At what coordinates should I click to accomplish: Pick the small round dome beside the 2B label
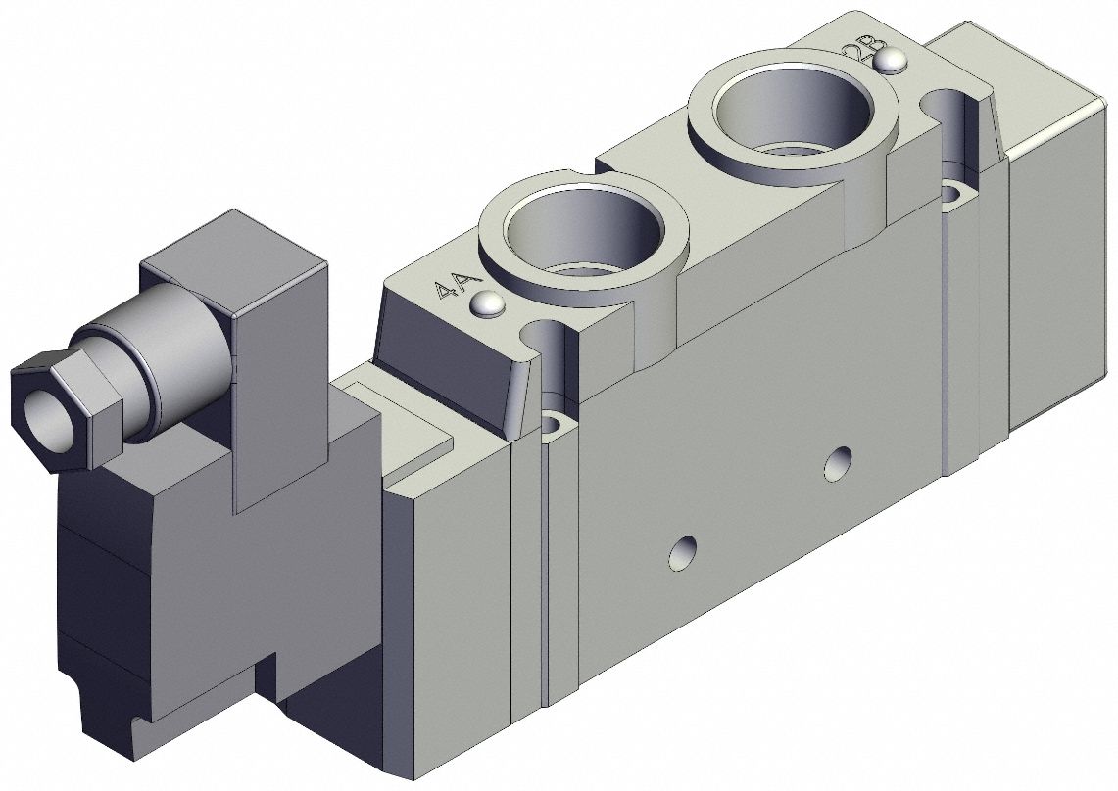890,63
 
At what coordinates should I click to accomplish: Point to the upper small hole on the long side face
836,463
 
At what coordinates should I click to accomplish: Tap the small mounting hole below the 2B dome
952,194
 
